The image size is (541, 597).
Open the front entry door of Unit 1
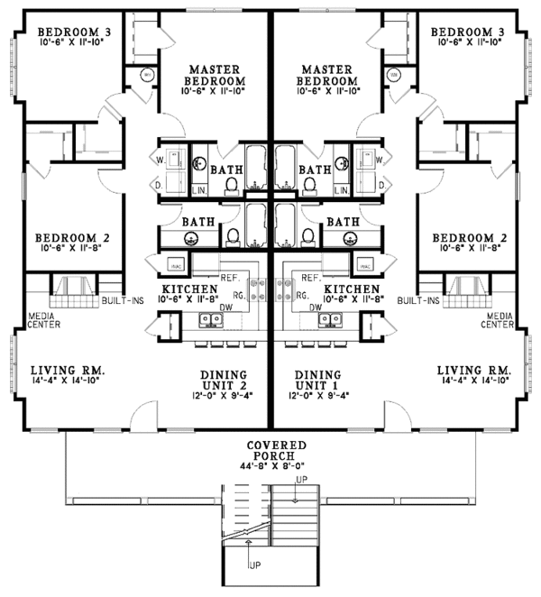397,416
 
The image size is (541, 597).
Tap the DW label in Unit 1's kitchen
316,307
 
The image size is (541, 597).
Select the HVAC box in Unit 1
365,266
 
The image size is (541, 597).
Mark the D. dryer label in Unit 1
381,184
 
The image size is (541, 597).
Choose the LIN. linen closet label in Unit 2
200,189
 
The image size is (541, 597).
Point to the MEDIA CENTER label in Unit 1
500,320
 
